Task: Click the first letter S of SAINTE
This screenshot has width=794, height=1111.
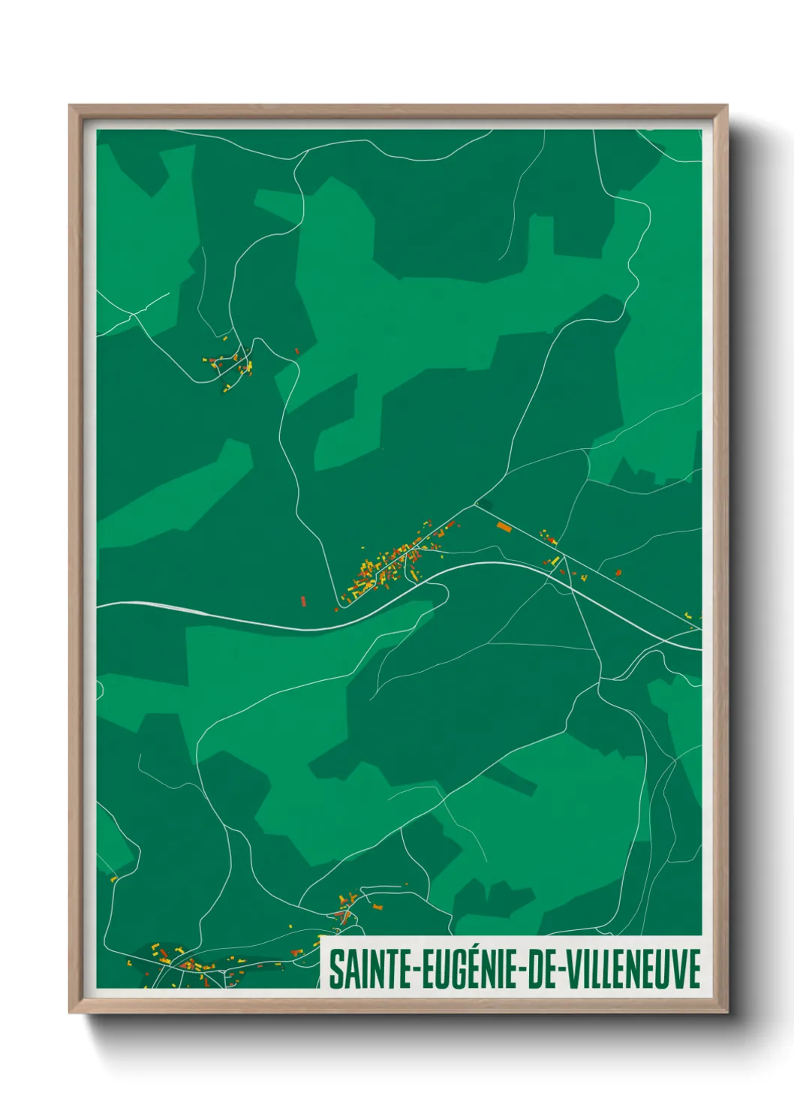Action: [x=335, y=970]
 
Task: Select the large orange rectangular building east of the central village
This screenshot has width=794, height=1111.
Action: [x=504, y=527]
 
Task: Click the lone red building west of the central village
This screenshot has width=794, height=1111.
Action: [x=303, y=601]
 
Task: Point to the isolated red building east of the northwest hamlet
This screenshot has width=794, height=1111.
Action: [x=297, y=351]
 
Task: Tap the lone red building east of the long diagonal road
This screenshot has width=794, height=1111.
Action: [x=618, y=573]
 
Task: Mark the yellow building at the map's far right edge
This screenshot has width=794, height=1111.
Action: [x=689, y=616]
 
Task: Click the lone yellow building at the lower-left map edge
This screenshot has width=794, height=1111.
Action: [x=113, y=878]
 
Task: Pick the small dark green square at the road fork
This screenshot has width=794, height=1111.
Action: [x=486, y=505]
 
